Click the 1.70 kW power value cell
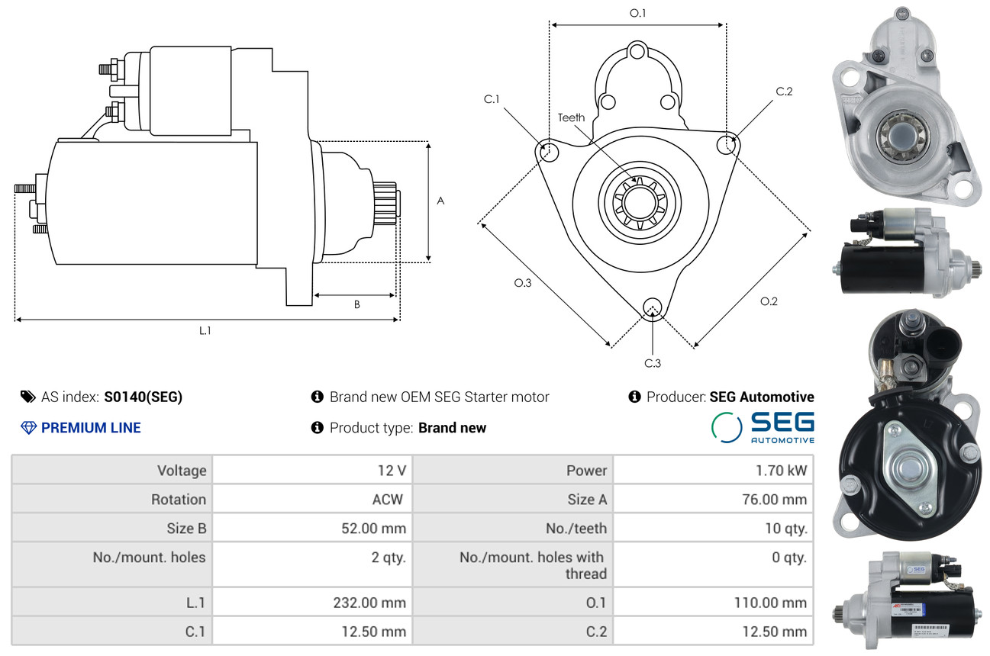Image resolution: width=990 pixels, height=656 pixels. coord(781,471)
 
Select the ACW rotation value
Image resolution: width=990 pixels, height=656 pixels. coord(387,499)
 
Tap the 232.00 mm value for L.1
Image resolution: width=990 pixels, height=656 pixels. coord(369,603)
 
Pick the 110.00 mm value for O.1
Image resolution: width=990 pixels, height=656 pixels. coord(770,603)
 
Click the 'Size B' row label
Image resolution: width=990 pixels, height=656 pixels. coord(186,529)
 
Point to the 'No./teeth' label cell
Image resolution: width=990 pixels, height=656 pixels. coord(576,529)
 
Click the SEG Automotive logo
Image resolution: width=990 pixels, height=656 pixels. coord(763,427)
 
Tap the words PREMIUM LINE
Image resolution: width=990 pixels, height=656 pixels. coord(91,428)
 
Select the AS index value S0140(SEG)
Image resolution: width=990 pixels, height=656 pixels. coord(144,397)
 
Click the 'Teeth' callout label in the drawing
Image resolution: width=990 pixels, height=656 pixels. coord(571,117)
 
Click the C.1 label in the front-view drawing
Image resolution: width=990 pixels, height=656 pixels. coord(492,99)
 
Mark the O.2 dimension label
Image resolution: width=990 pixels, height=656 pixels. coord(769,301)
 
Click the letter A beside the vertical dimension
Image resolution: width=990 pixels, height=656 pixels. coord(440,201)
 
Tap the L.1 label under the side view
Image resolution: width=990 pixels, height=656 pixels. coord(205,330)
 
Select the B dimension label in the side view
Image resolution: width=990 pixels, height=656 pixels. coord(357,304)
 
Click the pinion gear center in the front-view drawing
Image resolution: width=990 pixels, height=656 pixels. coord(640,203)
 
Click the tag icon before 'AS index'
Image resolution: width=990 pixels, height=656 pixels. coord(27,397)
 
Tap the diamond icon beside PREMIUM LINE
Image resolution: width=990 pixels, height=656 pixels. coord(29,428)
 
